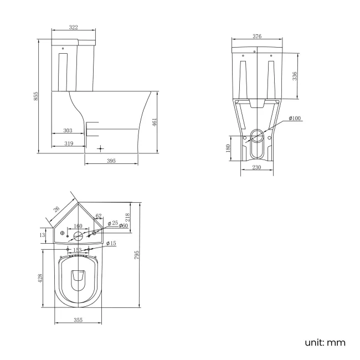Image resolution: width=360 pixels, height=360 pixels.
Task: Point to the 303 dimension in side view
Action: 67,131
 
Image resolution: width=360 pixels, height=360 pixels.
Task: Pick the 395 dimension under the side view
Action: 111,161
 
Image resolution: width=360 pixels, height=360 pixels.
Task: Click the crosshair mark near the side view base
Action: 100,148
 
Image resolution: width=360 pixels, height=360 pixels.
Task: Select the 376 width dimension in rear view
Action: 257,37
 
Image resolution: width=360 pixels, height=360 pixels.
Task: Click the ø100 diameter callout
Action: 295,119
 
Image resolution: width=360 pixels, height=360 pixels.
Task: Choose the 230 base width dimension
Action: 256,168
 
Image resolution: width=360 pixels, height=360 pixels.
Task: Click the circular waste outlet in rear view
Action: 257,134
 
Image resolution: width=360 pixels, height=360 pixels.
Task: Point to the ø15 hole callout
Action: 111,244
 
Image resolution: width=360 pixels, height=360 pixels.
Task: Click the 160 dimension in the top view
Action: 78,227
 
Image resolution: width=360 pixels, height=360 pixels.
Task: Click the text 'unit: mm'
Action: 325,343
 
